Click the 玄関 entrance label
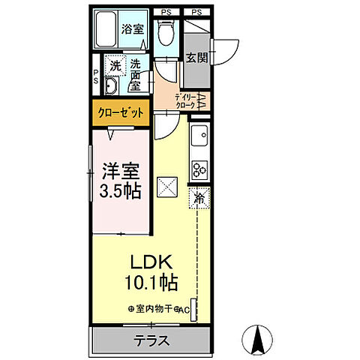click(196, 57)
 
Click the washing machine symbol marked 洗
click(115, 65)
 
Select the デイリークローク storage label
click(185, 101)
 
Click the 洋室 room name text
click(121, 169)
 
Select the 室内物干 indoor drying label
click(154, 307)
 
